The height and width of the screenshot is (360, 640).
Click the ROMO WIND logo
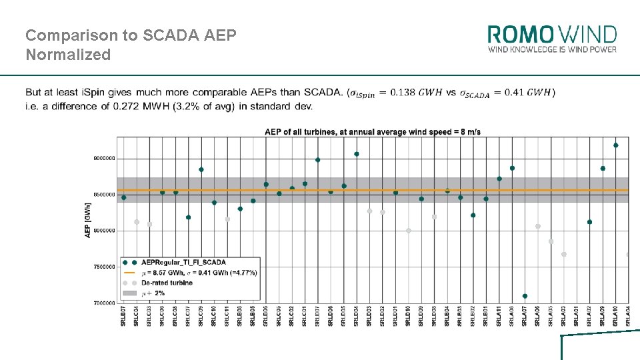point(552,34)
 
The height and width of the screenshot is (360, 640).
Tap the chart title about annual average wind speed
point(372,132)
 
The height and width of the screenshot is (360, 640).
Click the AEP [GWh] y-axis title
point(88,220)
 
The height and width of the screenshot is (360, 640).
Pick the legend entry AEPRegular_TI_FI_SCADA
point(176,263)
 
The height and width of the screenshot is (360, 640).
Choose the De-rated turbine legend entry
point(167,283)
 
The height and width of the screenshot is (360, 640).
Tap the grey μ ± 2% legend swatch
point(129,293)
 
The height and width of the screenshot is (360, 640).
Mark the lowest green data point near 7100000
point(525,296)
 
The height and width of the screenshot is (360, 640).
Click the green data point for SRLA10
point(615,145)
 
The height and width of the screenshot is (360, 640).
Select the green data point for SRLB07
point(123,197)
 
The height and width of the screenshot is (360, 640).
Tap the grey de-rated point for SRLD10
point(408,231)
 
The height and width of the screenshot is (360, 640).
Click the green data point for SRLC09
point(201,169)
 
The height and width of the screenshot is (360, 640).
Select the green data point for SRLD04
point(357,154)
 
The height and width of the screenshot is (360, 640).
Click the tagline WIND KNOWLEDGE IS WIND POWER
point(552,49)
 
